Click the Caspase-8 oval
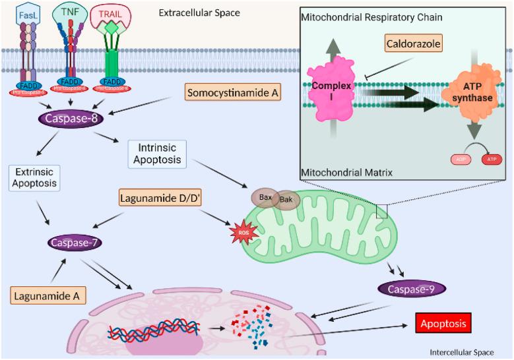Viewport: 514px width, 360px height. coord(69,119)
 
